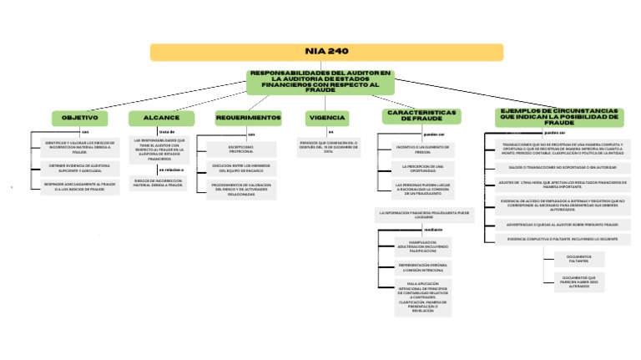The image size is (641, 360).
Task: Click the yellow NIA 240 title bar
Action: [x=327, y=52]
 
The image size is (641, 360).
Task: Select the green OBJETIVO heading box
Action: [x=80, y=118]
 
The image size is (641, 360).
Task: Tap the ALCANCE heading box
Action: [x=161, y=118]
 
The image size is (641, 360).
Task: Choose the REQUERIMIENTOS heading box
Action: [x=248, y=118]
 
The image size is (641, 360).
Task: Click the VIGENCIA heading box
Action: [x=328, y=118]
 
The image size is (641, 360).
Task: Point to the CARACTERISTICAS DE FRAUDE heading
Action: [x=421, y=115]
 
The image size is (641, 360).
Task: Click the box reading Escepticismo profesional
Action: [x=241, y=149]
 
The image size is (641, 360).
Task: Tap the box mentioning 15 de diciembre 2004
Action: [x=328, y=147]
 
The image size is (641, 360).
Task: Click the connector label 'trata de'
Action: [x=166, y=131]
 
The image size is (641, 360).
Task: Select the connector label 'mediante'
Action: [x=433, y=229]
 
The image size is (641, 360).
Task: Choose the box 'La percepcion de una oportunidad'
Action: [x=422, y=169]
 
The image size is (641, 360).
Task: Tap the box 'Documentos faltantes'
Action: [x=578, y=258]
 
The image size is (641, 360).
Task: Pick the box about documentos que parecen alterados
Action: [x=578, y=281]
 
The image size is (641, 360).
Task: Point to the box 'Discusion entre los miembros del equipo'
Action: [x=241, y=168]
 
